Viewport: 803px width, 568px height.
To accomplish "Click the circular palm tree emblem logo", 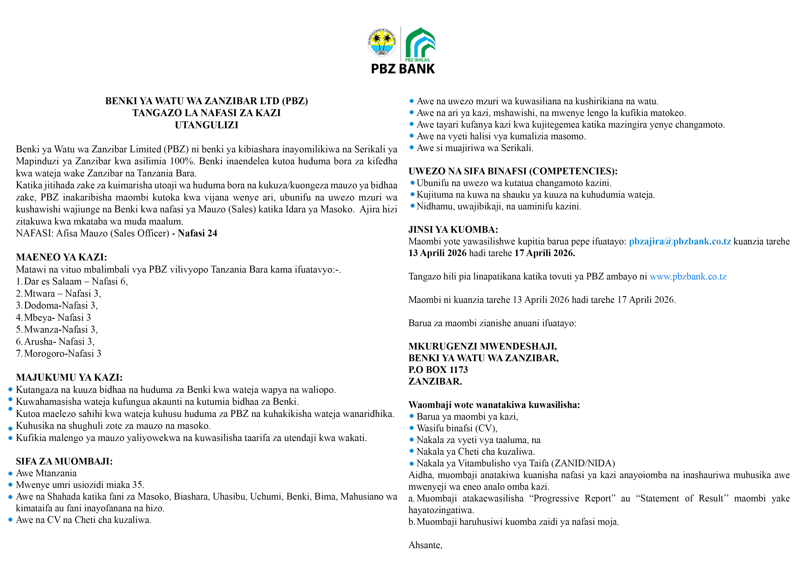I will pyautogui.click(x=382, y=42).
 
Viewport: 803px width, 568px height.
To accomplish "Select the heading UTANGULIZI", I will pyautogui.click(x=206, y=125).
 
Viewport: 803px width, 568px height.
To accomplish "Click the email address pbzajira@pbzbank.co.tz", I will pyautogui.click(x=680, y=241).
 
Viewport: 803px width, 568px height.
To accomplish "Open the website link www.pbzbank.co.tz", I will pyautogui.click(x=688, y=276).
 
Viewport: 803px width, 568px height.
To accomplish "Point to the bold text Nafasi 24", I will pyautogui.click(x=197, y=233).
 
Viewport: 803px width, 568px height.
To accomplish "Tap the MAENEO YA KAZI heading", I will pyautogui.click(x=61, y=257).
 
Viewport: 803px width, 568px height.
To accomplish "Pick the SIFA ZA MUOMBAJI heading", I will pyautogui.click(x=64, y=461).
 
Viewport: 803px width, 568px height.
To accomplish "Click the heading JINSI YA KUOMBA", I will pyautogui.click(x=453, y=229).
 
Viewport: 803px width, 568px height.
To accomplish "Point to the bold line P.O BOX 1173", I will pyautogui.click(x=438, y=370).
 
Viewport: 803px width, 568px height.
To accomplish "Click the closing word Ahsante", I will pyautogui.click(x=425, y=545).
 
